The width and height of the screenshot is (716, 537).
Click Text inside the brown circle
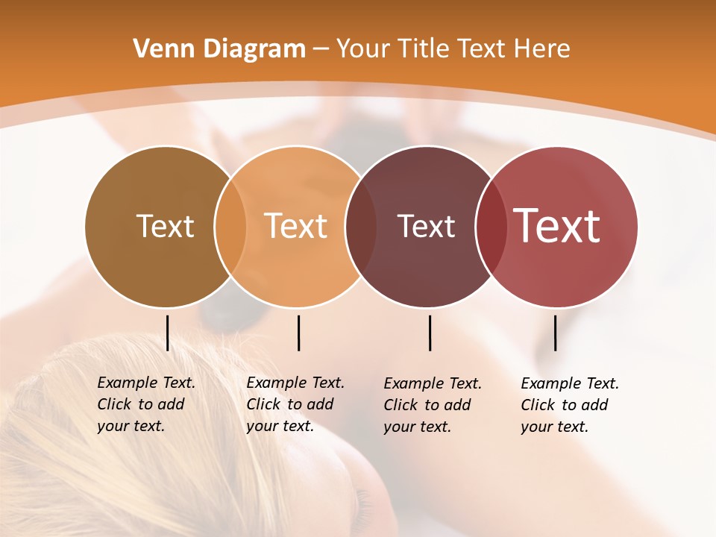(x=165, y=226)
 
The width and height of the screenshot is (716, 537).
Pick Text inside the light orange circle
(x=295, y=226)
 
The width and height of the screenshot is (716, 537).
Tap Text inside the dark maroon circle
(x=426, y=226)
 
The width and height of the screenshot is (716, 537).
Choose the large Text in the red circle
(x=556, y=226)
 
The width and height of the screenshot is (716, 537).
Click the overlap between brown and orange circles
(x=230, y=226)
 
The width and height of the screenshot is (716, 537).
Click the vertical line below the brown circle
(x=168, y=333)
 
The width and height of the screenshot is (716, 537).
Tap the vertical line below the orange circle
(x=298, y=333)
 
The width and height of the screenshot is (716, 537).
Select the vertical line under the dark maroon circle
(x=430, y=333)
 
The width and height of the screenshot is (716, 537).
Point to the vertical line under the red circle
(x=555, y=333)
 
